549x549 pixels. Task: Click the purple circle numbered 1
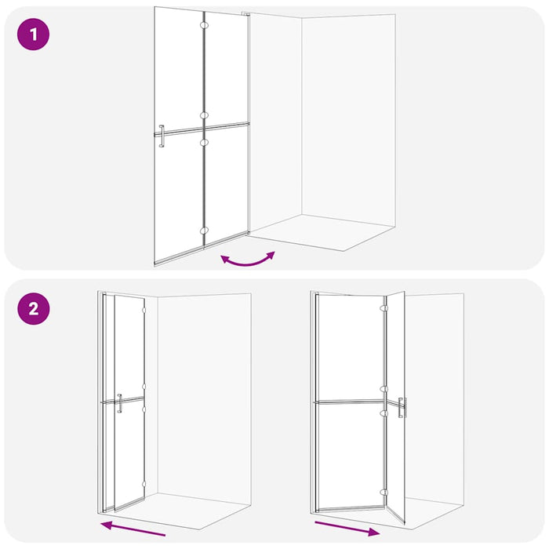tap(33, 35)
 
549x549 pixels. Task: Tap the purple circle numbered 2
tap(33, 307)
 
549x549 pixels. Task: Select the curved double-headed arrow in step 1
tap(248, 259)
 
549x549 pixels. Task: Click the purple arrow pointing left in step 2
tap(133, 528)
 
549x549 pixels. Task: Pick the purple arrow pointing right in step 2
tap(347, 526)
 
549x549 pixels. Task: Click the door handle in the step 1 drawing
tap(161, 136)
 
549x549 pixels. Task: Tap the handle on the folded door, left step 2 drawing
tap(119, 402)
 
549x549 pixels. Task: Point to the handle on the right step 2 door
tap(402, 409)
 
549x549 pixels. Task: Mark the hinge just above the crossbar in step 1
tap(204, 115)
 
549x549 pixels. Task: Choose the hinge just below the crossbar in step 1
tap(204, 143)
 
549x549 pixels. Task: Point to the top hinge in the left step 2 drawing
tap(144, 311)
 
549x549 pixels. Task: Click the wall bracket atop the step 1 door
tap(245, 13)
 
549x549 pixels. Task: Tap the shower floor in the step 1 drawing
tap(322, 233)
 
